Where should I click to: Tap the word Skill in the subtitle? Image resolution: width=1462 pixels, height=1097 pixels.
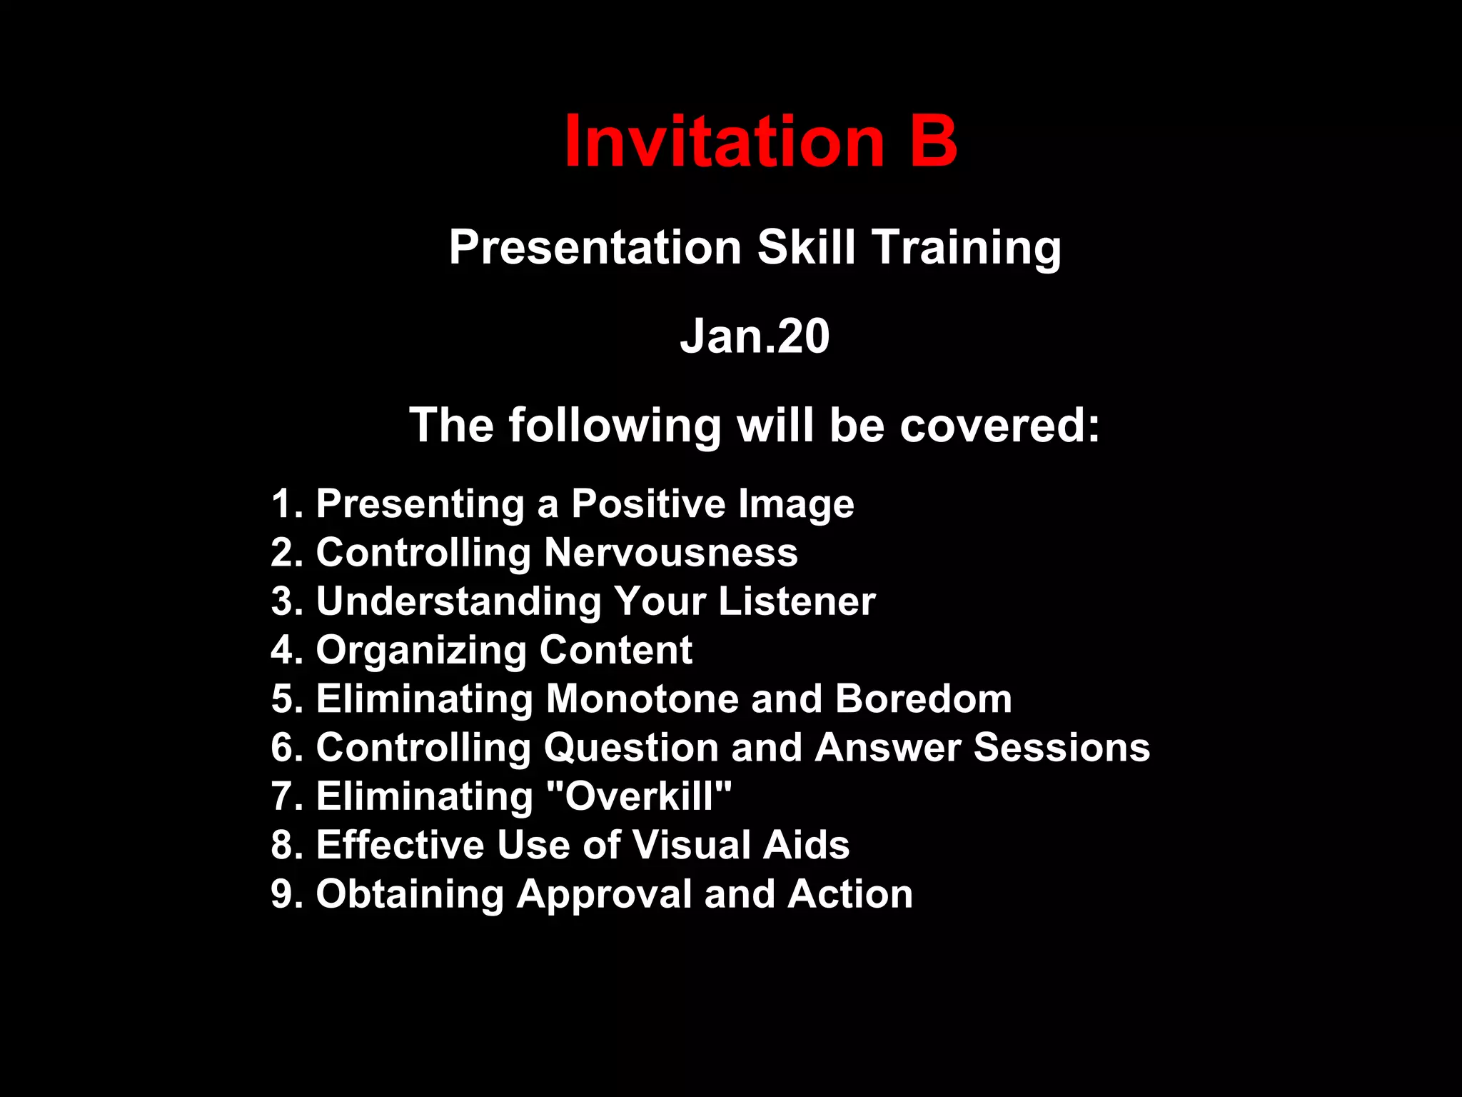click(x=806, y=248)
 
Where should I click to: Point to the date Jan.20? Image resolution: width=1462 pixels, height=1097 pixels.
click(x=755, y=336)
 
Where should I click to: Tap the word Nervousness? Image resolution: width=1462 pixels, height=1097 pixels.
click(x=671, y=552)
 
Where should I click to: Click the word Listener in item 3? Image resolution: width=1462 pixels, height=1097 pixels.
click(x=797, y=601)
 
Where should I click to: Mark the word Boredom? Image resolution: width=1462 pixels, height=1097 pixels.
click(x=924, y=698)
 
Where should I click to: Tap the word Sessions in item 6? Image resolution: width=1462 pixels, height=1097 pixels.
click(x=1062, y=747)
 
